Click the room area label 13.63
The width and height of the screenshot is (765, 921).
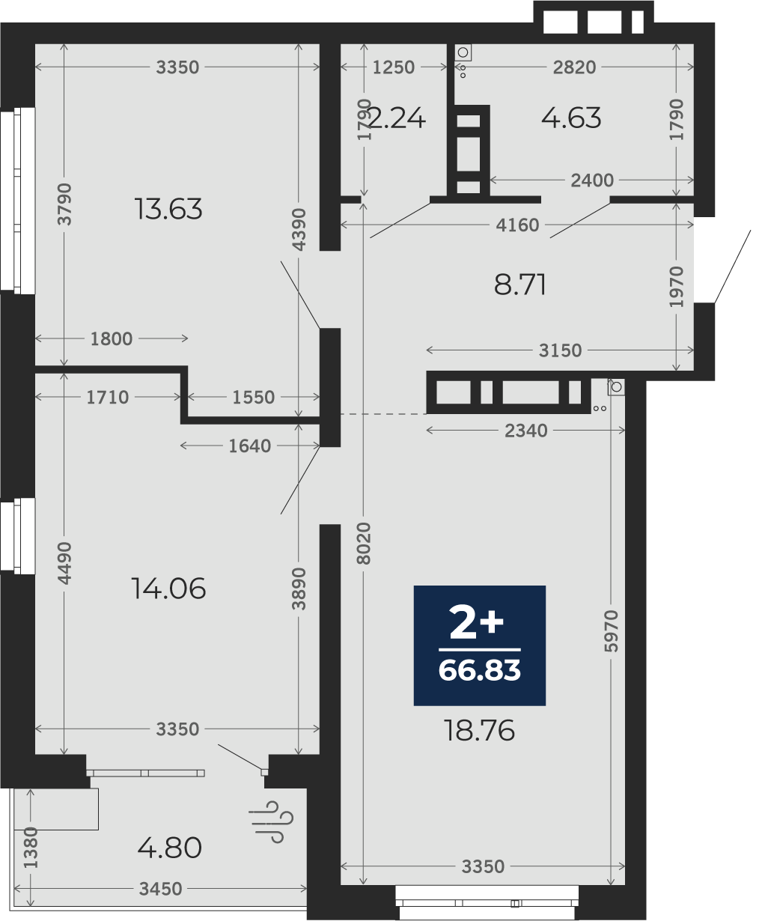168,209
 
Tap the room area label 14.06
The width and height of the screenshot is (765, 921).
168,589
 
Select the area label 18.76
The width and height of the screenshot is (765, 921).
479,730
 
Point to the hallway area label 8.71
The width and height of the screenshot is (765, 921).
519,285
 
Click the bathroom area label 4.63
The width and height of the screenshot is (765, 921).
571,118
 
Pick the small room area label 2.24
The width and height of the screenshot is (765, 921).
396,118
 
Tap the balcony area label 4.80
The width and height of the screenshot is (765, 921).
169,848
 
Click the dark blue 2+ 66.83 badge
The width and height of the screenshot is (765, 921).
479,645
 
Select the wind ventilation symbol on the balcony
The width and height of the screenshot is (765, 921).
270,821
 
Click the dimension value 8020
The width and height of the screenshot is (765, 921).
365,544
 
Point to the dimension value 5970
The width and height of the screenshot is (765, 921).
611,630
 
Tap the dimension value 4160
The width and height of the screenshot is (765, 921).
517,225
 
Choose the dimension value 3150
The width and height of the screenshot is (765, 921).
560,350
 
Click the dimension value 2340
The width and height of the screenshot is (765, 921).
525,431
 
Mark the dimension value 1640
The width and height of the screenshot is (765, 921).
249,446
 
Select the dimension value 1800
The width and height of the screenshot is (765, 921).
111,338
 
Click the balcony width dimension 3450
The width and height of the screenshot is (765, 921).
160,889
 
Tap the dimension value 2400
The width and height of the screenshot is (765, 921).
592,180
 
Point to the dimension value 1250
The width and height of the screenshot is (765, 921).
393,67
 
